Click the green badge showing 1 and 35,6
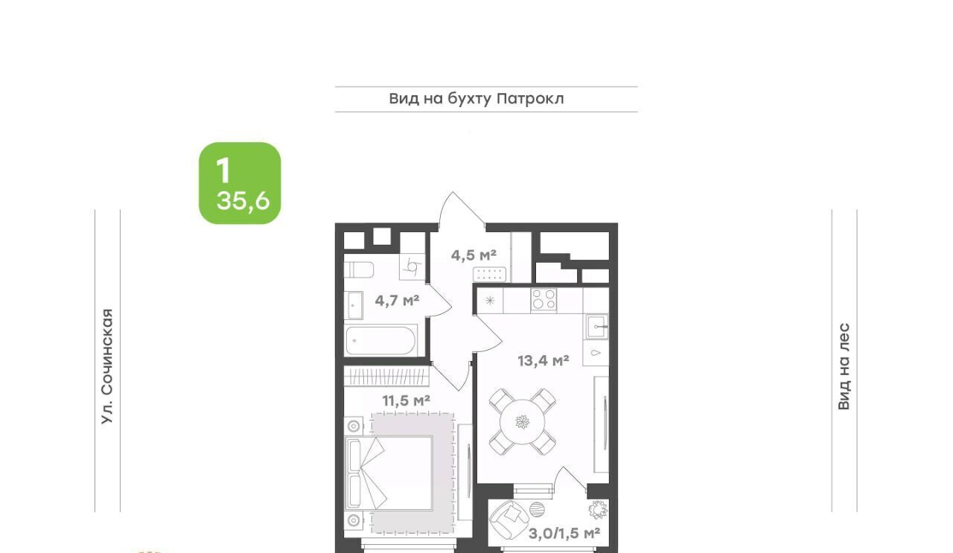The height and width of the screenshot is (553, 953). pyautogui.click(x=240, y=183)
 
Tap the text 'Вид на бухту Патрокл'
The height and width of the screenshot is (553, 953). pyautogui.click(x=476, y=99)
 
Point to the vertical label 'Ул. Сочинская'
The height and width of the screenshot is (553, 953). pyautogui.click(x=107, y=366)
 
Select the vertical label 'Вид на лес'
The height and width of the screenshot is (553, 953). pyautogui.click(x=844, y=367)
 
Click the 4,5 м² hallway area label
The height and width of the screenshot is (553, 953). pyautogui.click(x=474, y=255)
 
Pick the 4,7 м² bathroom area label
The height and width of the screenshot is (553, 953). pyautogui.click(x=397, y=301)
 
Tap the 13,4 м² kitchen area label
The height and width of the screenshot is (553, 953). pyautogui.click(x=544, y=361)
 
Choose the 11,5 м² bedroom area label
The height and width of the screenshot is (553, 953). pyautogui.click(x=406, y=400)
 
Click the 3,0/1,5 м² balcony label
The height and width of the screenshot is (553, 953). pyautogui.click(x=564, y=533)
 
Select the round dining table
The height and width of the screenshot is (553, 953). pyautogui.click(x=522, y=422)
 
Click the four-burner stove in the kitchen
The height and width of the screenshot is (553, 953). pyautogui.click(x=544, y=299)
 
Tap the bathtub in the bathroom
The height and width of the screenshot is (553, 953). pyautogui.click(x=380, y=340)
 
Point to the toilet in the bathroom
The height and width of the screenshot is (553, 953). pyautogui.click(x=359, y=269)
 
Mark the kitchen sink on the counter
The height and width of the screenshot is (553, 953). pyautogui.click(x=597, y=327)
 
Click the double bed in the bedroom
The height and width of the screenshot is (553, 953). pyautogui.click(x=389, y=473)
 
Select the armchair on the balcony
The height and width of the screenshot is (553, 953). pyautogui.click(x=509, y=520)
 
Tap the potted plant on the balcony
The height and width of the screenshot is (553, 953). pyautogui.click(x=598, y=509)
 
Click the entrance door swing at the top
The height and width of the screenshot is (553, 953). pyautogui.click(x=462, y=211)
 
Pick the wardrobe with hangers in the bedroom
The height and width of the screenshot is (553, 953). pyautogui.click(x=386, y=377)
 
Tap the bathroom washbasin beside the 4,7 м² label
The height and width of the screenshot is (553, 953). pyautogui.click(x=354, y=305)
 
